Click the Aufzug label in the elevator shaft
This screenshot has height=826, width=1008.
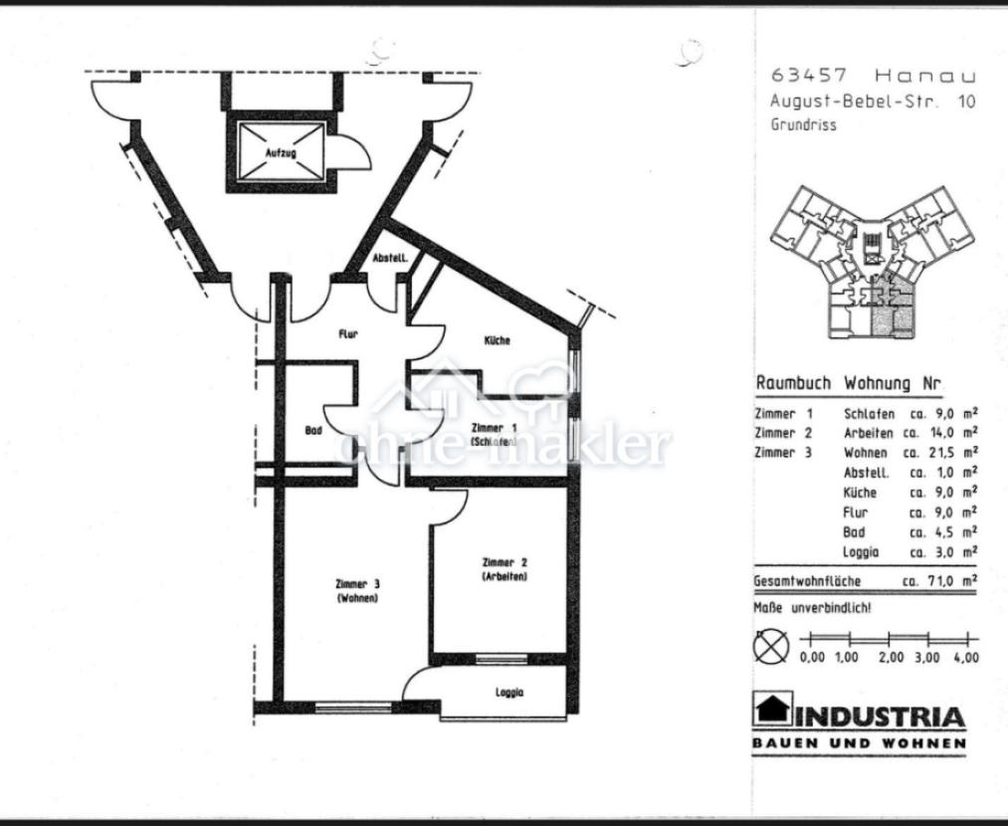281,153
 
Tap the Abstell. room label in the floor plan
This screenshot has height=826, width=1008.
390,259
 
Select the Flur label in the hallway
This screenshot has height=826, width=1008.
348,334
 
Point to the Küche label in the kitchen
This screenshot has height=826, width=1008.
497,340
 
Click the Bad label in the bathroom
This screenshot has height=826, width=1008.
313,430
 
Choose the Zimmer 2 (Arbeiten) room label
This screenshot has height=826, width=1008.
504,569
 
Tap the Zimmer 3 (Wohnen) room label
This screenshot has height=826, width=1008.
357,591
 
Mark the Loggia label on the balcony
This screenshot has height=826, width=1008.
509,693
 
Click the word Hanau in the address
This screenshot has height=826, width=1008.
925,76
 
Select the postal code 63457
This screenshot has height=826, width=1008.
809,76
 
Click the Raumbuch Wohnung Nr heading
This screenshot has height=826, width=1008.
848,384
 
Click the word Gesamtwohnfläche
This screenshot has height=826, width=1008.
807,581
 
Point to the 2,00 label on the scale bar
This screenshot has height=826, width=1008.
891,658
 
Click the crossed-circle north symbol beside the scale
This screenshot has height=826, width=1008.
771,646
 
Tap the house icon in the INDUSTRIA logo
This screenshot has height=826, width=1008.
773,709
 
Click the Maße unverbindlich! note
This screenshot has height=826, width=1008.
813,607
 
